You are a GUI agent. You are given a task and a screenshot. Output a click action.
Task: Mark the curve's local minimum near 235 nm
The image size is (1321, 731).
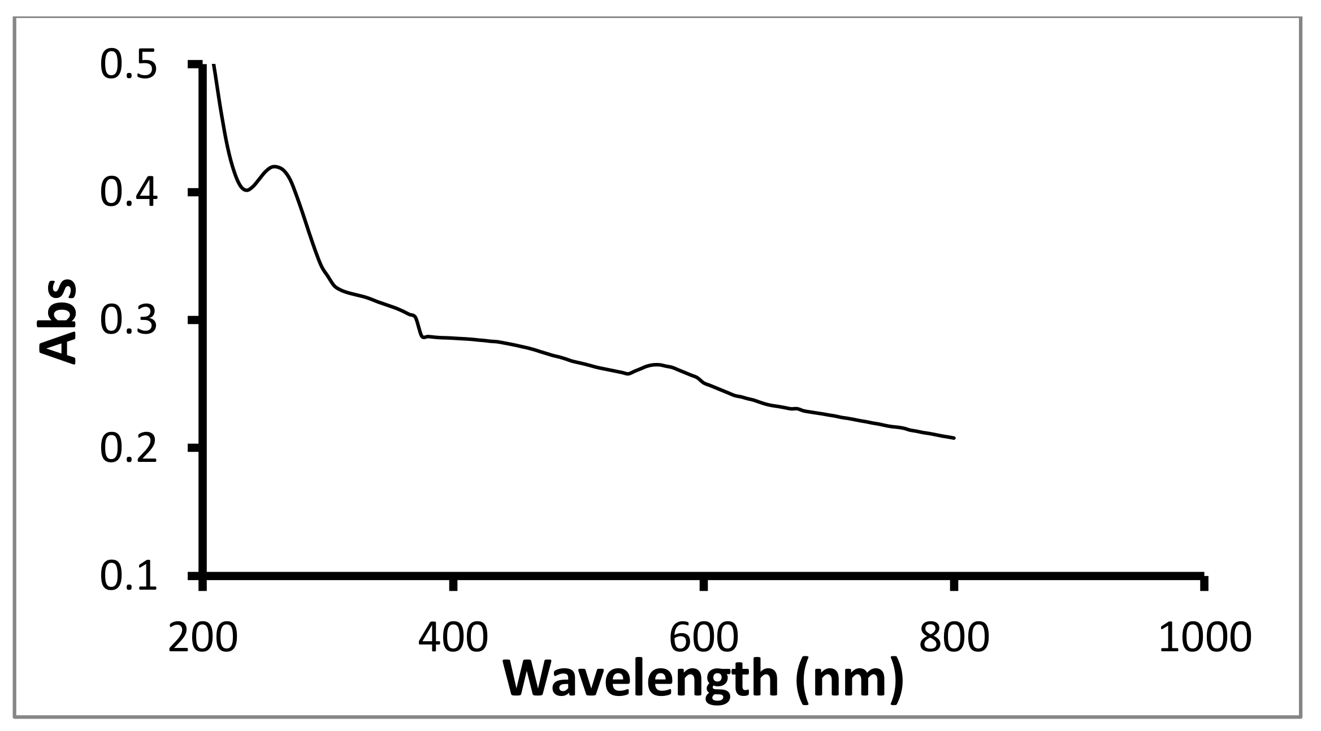pyautogui.click(x=246, y=191)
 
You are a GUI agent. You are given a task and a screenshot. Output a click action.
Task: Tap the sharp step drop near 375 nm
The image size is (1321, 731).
pyautogui.click(x=419, y=328)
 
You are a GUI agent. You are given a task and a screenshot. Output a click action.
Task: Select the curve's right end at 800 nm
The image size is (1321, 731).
pyautogui.click(x=954, y=438)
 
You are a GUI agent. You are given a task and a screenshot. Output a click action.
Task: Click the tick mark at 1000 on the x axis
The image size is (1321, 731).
pyautogui.click(x=1203, y=582)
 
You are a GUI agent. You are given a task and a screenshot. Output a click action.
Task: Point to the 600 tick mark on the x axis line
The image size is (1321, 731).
pyautogui.click(x=703, y=582)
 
